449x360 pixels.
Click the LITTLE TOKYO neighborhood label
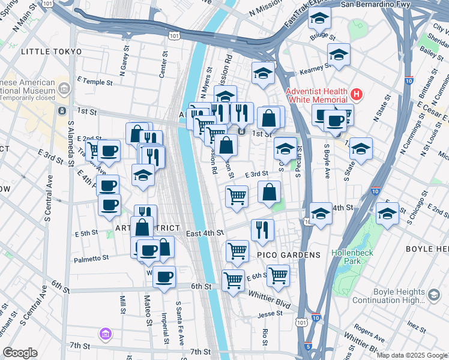click(51, 52)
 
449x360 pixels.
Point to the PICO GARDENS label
click(289, 255)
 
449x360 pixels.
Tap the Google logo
click(20, 353)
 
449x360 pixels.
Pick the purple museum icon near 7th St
click(106, 333)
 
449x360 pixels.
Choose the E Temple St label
click(95, 81)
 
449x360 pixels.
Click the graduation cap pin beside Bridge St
click(320, 18)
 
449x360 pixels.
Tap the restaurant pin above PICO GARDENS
click(262, 229)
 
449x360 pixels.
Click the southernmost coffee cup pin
click(164, 277)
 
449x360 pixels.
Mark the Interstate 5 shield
click(308, 346)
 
